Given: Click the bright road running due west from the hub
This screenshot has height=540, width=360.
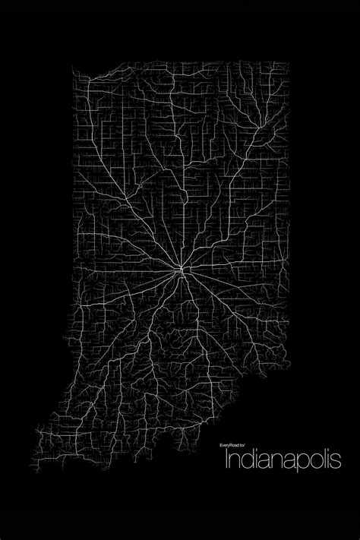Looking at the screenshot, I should tap(129, 271).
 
